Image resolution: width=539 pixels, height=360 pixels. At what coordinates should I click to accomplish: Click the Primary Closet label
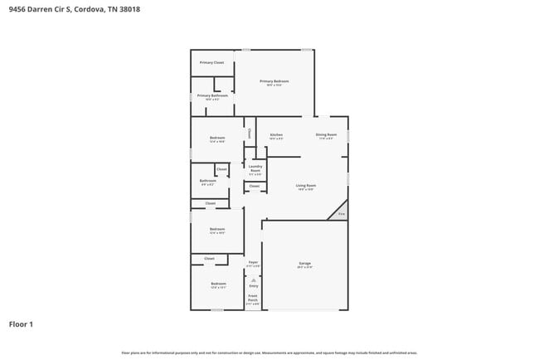pyautogui.click(x=211, y=63)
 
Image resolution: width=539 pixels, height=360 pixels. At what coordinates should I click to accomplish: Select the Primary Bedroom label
pyautogui.click(x=274, y=82)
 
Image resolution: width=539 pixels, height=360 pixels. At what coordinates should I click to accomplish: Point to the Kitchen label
pyautogui.click(x=276, y=135)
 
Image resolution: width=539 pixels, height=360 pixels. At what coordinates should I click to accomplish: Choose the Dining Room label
pyautogui.click(x=326, y=135)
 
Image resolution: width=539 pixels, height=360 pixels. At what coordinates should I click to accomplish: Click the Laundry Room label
pyautogui.click(x=255, y=171)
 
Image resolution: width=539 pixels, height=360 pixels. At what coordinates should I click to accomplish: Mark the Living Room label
pyautogui.click(x=306, y=187)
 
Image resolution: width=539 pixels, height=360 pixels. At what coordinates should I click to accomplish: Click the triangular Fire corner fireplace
pyautogui.click(x=340, y=213)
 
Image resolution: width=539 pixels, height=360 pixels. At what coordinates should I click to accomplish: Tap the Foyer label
pyautogui.click(x=253, y=263)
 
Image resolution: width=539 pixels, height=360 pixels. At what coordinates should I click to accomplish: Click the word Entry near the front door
pyautogui.click(x=253, y=285)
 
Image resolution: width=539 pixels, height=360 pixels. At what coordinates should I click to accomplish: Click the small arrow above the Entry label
pyautogui.click(x=253, y=280)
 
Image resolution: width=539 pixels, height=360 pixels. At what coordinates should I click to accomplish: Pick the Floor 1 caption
pyautogui.click(x=21, y=324)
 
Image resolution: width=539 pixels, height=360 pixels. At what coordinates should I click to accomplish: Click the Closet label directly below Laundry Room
pyautogui.click(x=255, y=187)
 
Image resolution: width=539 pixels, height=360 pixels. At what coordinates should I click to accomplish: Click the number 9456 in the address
pyautogui.click(x=16, y=8)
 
